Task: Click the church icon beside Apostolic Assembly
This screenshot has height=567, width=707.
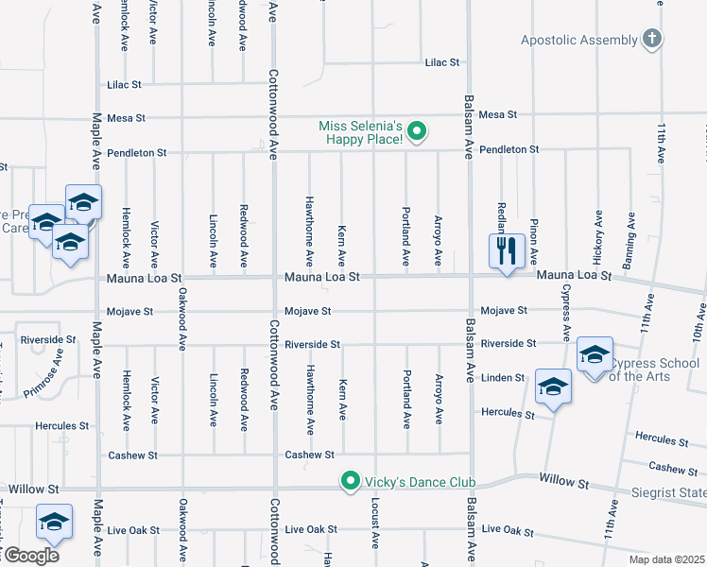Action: [x=651, y=39]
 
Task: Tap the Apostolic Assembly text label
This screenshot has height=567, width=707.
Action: [x=578, y=40]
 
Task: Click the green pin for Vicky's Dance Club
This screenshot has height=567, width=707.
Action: [x=351, y=482]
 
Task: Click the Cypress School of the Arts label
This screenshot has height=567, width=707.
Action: [x=654, y=369]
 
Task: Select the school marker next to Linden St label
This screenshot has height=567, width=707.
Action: [x=554, y=386]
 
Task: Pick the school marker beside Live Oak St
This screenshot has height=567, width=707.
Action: [x=54, y=522]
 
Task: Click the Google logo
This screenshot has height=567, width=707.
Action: [x=31, y=556]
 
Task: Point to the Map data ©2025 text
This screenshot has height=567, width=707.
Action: [x=666, y=559]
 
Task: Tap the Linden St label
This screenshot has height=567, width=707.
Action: [x=502, y=378]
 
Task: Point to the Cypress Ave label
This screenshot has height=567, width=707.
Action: [x=566, y=312]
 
